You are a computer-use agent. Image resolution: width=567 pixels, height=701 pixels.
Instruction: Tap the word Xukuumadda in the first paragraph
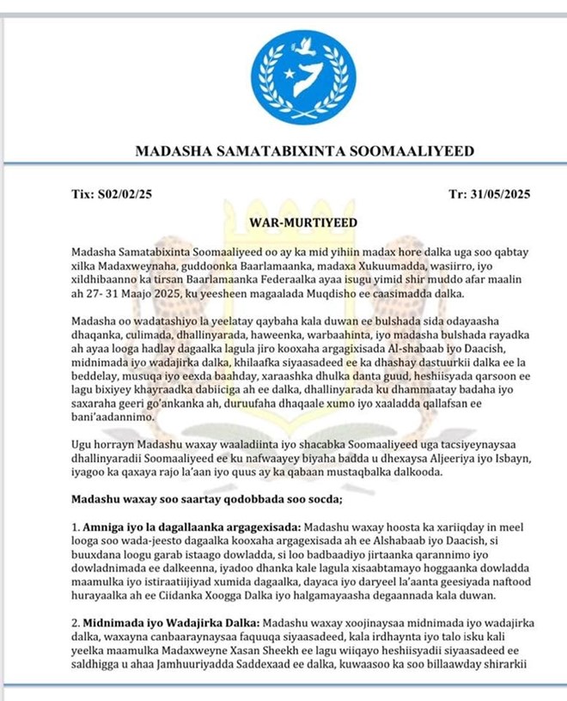coord(387,264)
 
